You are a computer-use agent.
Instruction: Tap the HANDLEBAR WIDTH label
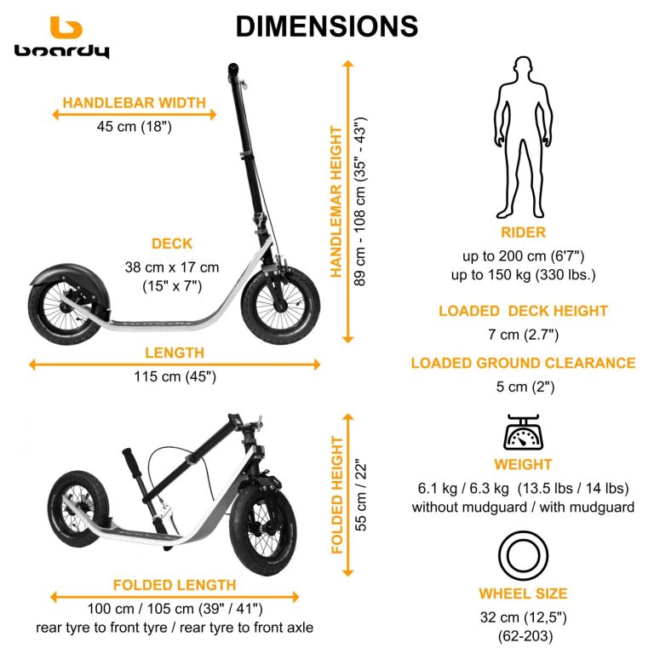point(135,103)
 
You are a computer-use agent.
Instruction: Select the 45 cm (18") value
point(135,127)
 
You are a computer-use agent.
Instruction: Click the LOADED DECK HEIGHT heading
point(523,311)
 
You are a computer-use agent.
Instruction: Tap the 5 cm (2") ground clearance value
point(523,387)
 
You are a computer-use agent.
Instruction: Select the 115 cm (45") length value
point(175,376)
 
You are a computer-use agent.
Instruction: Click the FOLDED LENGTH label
point(175,585)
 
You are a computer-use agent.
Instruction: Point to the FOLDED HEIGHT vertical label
point(338,495)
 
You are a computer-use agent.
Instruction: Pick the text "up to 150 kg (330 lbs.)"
point(523,274)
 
